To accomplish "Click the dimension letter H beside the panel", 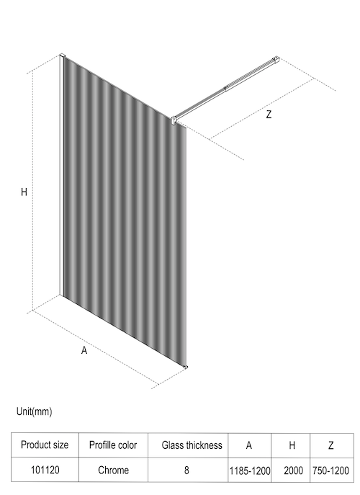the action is (x=24, y=192).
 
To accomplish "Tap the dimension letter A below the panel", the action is (x=84, y=350).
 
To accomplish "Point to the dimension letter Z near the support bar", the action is (x=269, y=115).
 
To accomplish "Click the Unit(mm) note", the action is (x=34, y=411).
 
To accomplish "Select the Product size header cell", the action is (x=45, y=445).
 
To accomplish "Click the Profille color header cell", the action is (x=113, y=445).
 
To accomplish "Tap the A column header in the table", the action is (x=249, y=445).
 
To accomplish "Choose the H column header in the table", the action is (x=292, y=445).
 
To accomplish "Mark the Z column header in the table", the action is (x=330, y=445).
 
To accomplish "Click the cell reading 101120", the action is (x=45, y=470).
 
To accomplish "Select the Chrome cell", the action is (x=113, y=470).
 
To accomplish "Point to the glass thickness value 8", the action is (x=186, y=470).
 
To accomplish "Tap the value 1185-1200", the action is (x=250, y=471).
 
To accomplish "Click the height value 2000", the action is (x=294, y=471).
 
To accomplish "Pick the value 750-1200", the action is (x=330, y=471).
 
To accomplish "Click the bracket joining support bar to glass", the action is (x=174, y=120).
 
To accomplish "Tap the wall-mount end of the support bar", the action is (x=276, y=60).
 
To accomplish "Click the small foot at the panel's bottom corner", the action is (x=185, y=367).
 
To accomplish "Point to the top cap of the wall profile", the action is (x=62, y=55).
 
